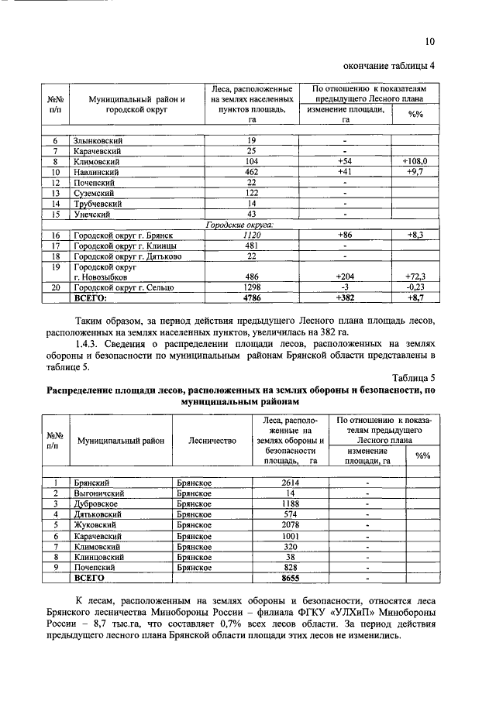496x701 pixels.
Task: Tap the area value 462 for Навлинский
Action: click(251, 171)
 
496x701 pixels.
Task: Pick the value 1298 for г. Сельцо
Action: click(251, 287)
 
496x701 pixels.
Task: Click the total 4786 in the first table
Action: click(251, 297)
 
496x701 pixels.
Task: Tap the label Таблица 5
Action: click(414, 376)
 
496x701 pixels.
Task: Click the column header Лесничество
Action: click(211, 440)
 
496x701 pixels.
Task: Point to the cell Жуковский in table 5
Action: click(97, 524)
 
